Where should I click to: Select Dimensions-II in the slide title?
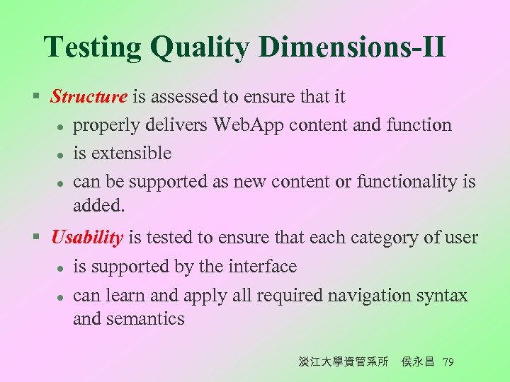tap(352, 47)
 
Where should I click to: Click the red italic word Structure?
tap(89, 96)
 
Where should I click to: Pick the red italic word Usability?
tap(87, 238)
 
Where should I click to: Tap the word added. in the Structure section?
tap(98, 206)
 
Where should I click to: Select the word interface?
tap(262, 267)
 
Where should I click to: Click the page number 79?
tap(447, 362)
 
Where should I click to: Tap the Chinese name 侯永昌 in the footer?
tap(417, 362)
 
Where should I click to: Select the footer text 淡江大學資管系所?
tap(344, 362)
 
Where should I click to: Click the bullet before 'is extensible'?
tap(61, 154)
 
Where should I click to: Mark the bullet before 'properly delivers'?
tap(61, 126)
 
